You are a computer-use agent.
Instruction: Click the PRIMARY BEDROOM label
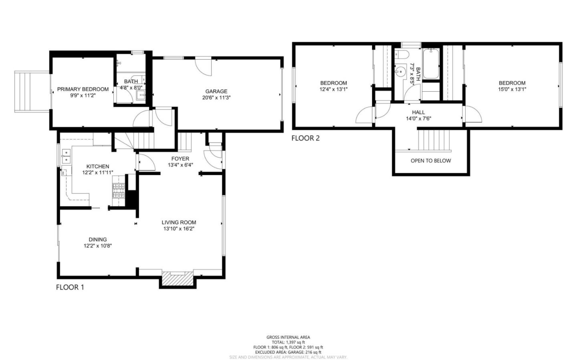click(83, 89)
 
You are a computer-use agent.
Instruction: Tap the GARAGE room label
click(216, 91)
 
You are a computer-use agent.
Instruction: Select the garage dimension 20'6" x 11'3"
click(216, 97)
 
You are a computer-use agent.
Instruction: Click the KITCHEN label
click(98, 167)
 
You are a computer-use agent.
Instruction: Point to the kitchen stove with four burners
click(119, 191)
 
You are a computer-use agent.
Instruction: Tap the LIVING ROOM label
click(179, 223)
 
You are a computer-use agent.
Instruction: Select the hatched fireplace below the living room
click(178, 279)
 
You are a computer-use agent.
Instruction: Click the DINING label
click(98, 239)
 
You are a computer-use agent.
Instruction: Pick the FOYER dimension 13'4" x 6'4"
click(180, 165)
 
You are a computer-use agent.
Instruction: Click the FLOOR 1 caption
click(70, 287)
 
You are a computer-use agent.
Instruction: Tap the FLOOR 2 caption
click(305, 139)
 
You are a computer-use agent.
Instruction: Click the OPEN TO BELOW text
click(431, 161)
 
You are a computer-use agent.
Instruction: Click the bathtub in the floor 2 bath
click(431, 64)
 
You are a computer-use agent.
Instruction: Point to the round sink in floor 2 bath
click(399, 71)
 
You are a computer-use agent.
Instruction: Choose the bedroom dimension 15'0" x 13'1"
click(512, 89)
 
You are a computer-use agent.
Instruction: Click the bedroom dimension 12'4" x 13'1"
click(333, 89)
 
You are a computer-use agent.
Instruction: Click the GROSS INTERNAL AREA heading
click(288, 337)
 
